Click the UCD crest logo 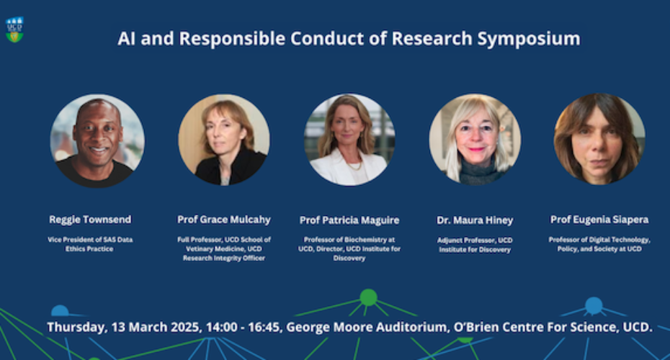14,30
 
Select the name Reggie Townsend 90,220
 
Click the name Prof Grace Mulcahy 224,220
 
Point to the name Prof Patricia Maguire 349,220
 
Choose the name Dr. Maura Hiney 475,220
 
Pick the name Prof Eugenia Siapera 599,220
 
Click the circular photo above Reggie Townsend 97,141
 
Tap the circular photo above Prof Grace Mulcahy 224,140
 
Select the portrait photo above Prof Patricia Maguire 349,140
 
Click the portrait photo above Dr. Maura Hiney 475,140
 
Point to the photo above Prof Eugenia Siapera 599,139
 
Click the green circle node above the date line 368,297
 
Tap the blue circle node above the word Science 594,305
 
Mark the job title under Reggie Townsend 90,244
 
